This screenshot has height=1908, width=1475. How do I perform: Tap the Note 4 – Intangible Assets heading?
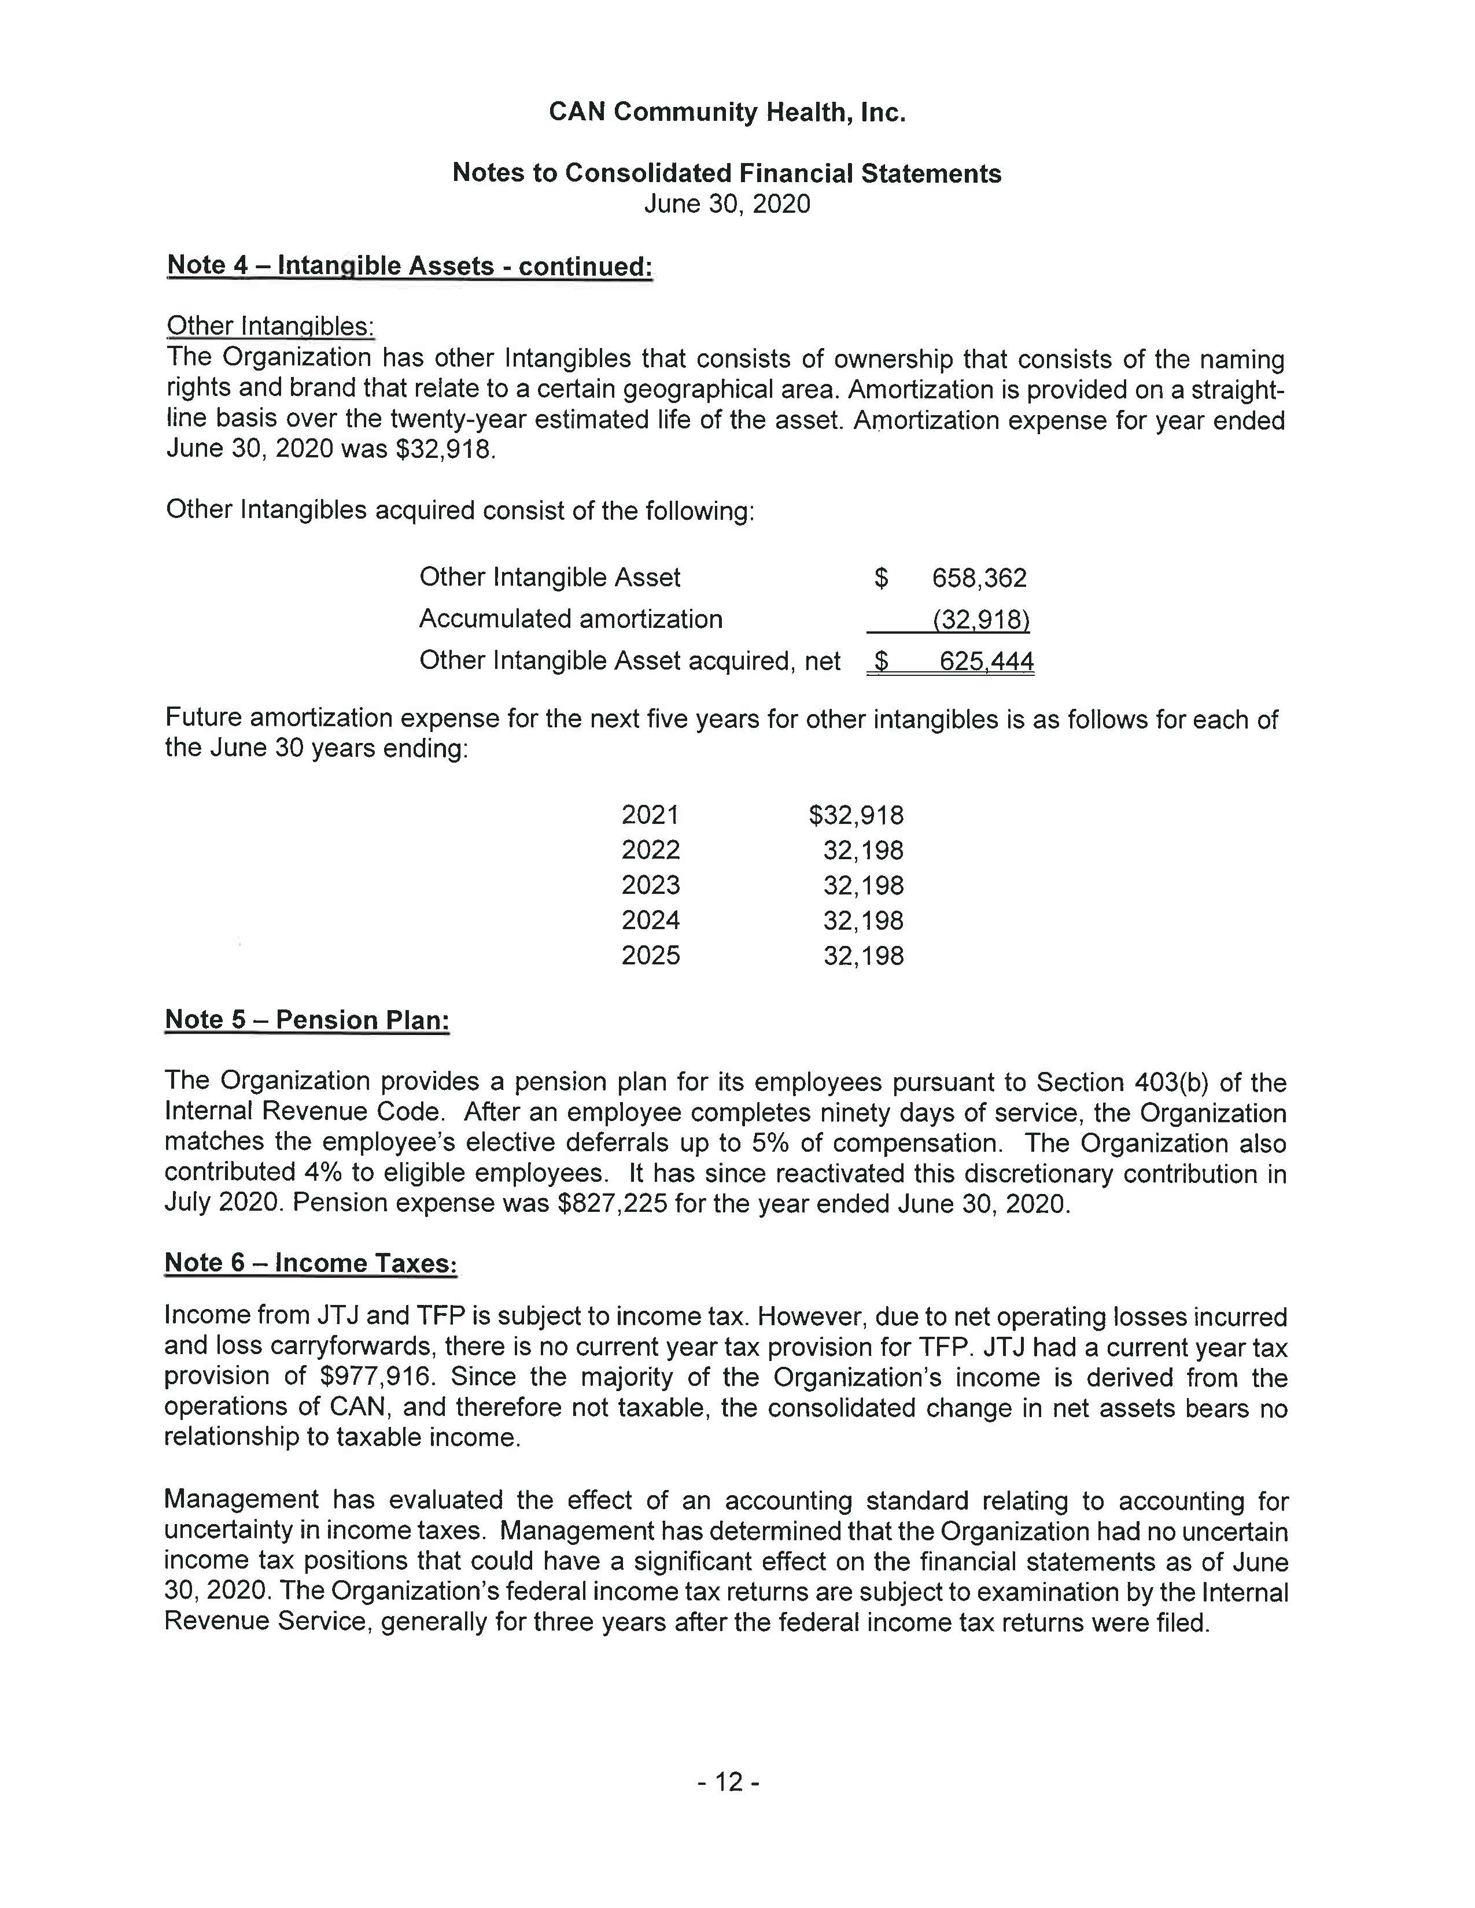(409, 265)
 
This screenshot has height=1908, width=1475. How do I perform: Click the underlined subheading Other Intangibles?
(270, 326)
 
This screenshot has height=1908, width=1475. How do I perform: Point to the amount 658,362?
(979, 578)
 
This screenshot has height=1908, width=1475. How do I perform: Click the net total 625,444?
(986, 661)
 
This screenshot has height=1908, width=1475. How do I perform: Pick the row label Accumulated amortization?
(570, 619)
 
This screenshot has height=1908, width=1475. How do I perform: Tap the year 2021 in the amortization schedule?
(650, 815)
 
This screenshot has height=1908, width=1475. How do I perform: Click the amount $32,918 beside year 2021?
(856, 815)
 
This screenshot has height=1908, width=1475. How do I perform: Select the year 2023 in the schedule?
(650, 885)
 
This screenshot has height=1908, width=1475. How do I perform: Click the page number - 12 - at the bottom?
(728, 1781)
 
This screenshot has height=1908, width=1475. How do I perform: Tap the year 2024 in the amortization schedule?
(650, 920)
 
